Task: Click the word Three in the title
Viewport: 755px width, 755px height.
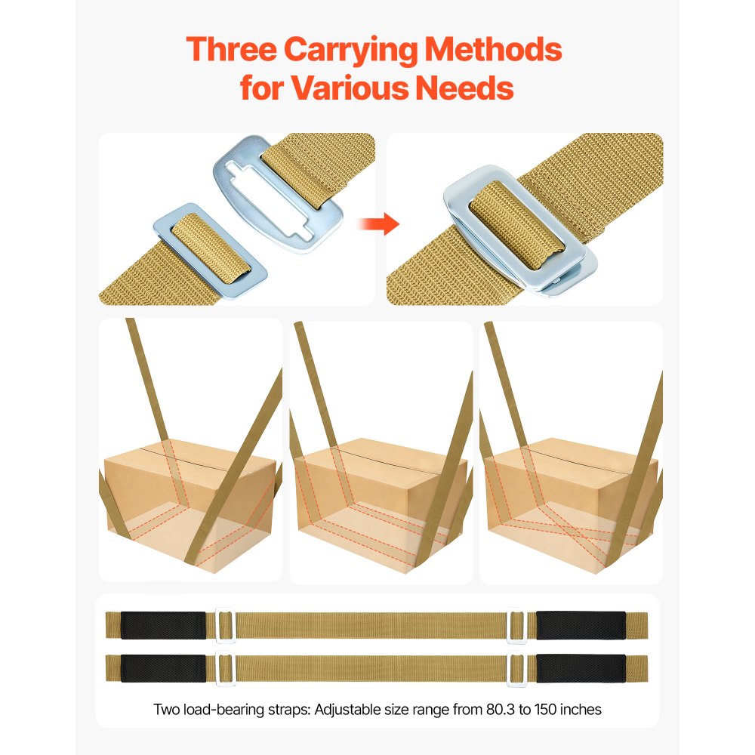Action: (235, 51)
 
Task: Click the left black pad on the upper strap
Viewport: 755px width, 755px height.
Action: (163, 625)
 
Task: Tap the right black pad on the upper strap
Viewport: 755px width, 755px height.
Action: (581, 625)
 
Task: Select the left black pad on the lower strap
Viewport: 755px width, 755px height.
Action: (163, 668)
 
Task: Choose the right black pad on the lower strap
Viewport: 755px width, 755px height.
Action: (581, 668)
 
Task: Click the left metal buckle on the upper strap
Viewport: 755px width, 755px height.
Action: (225, 626)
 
